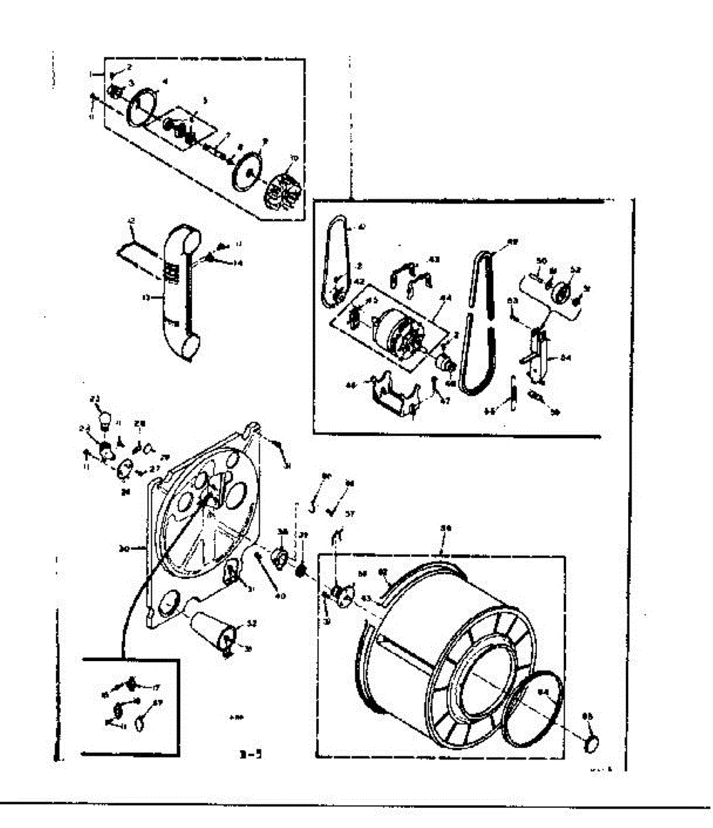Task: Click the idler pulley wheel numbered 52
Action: click(x=560, y=293)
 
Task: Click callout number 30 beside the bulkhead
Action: click(x=124, y=549)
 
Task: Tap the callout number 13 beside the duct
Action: click(x=146, y=299)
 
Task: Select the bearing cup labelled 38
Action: click(x=282, y=557)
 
